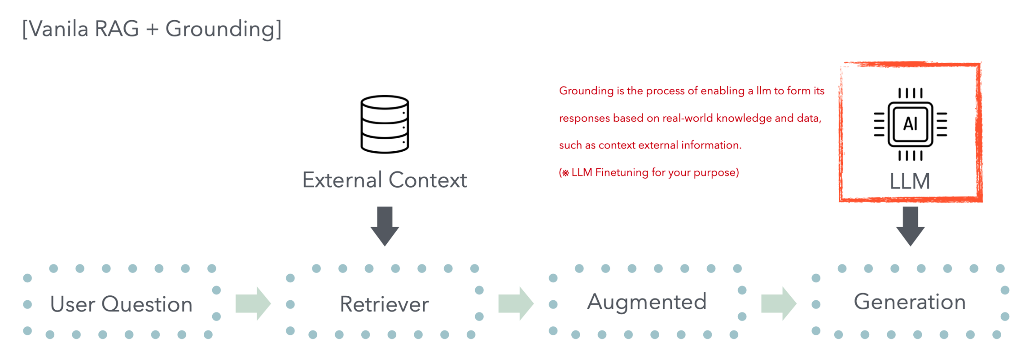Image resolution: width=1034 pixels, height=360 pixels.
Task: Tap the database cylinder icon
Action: [385, 124]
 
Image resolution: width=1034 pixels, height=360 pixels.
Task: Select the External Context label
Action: [385, 180]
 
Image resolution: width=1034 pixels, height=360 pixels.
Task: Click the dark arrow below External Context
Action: [385, 226]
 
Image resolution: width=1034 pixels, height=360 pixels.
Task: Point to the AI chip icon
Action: [910, 124]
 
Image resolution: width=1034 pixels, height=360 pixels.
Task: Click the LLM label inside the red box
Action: [910, 181]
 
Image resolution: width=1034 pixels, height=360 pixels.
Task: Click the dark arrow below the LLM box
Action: [910, 226]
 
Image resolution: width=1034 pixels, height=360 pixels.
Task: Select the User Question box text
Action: [121, 304]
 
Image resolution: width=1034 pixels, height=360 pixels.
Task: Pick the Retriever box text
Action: [384, 304]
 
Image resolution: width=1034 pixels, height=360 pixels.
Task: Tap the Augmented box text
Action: [647, 302]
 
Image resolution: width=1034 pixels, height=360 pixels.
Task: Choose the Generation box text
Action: [910, 302]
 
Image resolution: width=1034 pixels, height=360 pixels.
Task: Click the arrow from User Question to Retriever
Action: [253, 303]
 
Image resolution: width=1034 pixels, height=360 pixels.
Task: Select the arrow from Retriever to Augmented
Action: [516, 303]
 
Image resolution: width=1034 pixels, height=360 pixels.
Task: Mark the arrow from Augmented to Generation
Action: [779, 303]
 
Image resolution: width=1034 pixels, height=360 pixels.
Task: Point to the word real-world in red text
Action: [688, 118]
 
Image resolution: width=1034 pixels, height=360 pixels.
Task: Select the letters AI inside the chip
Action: [910, 123]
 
